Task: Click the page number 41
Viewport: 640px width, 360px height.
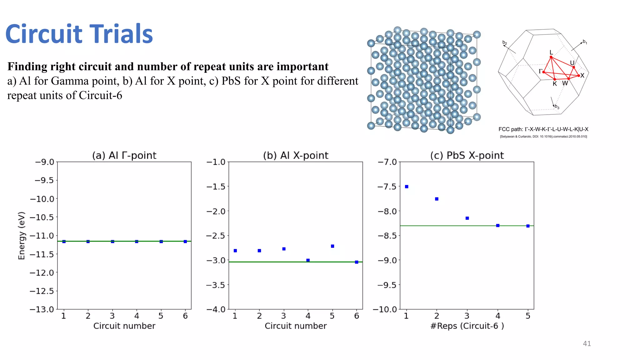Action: coord(587,343)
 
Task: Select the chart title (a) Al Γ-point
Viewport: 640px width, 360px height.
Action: coord(124,155)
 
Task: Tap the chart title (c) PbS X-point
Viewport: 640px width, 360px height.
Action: coord(467,155)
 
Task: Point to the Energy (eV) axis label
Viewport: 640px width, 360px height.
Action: coord(21,236)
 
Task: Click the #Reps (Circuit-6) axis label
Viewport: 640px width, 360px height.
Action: coord(467,326)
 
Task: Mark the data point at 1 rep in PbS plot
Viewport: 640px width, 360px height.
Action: coord(407,187)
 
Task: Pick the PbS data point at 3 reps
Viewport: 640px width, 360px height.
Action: coord(467,218)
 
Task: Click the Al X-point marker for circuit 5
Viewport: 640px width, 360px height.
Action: coord(332,246)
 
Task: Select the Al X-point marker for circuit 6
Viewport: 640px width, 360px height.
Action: coord(357,262)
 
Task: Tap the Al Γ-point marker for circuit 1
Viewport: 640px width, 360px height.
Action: coord(64,242)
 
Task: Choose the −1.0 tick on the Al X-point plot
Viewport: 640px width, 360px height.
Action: coord(216,162)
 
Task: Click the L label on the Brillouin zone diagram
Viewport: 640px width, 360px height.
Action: coord(551,52)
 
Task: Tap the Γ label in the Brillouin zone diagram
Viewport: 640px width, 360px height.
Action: coord(540,71)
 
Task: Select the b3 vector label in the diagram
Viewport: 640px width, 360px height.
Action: coord(557,107)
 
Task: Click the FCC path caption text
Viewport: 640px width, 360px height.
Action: coord(543,129)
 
